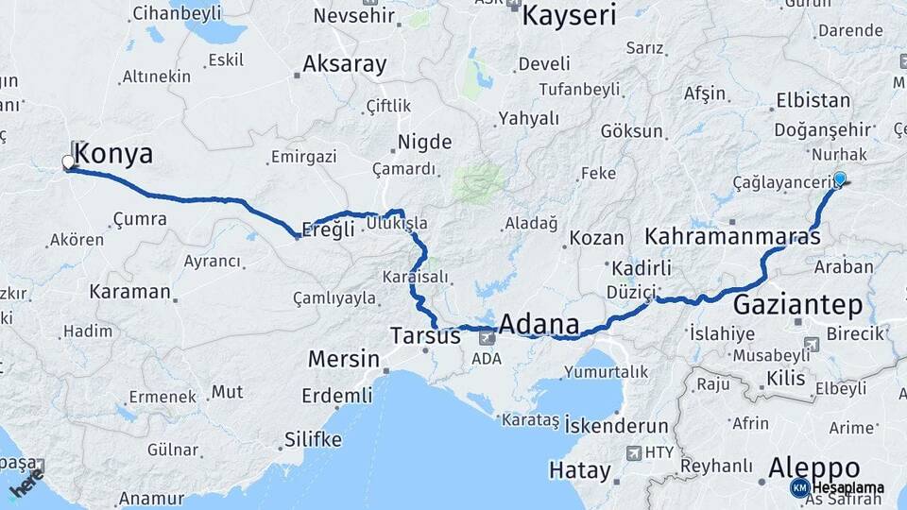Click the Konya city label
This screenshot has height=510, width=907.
113,154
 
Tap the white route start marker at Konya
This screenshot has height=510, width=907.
68,162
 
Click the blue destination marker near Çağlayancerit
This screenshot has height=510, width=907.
840,178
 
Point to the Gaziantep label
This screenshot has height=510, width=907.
798,305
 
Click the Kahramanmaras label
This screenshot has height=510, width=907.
733,235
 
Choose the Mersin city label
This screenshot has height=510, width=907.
343,360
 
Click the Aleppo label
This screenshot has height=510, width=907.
813,467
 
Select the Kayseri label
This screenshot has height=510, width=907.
569,15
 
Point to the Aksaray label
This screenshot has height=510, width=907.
344,64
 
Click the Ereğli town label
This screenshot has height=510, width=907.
327,229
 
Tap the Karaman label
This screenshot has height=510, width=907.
129,291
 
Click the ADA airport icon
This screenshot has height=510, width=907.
488,336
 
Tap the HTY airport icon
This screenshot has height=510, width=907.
633,452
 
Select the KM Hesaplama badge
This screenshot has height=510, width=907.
837,487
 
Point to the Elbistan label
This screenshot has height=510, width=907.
813,101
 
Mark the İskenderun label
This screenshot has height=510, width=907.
615,426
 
